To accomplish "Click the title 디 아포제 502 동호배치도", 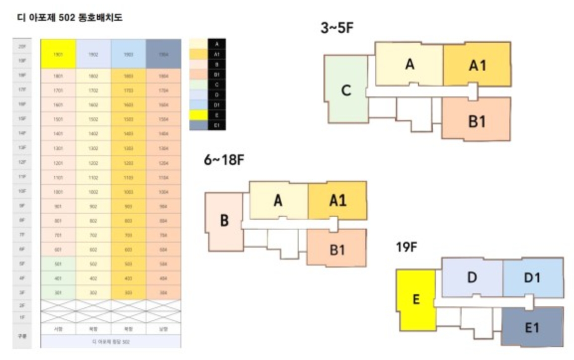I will coord(70,18).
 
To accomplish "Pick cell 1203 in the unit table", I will coord(129,163).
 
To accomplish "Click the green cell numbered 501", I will coord(58,264).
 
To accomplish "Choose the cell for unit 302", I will coord(93,293).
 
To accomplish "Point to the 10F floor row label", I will coord(22,191).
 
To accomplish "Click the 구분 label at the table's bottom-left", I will coord(22,336).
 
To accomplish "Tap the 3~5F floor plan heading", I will coord(337,28).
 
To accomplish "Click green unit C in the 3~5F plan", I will coord(346,90).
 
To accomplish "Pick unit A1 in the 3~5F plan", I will coord(477,65).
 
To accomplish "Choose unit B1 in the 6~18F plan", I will coord(337,249).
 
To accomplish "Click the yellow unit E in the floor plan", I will coord(416,299).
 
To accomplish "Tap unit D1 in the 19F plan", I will coord(532,278).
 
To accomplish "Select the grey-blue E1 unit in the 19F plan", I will coord(532,327).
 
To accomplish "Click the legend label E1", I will coord(216,126).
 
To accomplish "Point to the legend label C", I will coord(216,85).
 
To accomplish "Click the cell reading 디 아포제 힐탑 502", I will coord(111,342).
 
